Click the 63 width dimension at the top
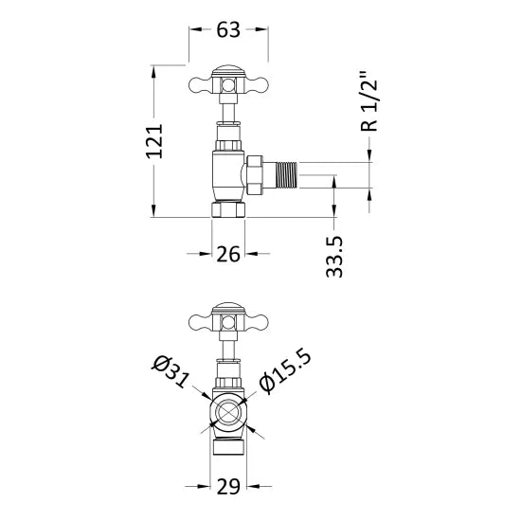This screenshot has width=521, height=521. coord(227,30)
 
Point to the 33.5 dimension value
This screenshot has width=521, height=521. coord(334,257)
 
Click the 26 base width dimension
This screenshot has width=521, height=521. coord(227,254)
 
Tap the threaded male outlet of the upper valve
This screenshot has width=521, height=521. coord(288,175)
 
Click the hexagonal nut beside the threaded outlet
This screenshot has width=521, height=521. coord(256,175)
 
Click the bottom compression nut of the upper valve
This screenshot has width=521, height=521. coord(227,208)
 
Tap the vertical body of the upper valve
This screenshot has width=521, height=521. coord(225,171)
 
